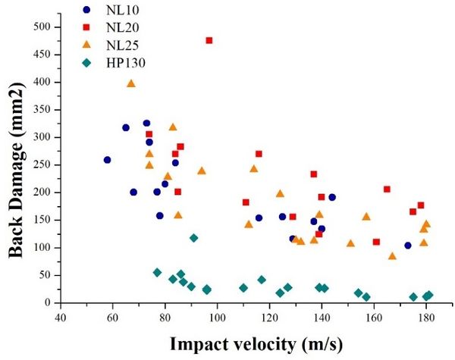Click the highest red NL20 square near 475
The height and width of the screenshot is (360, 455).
(x=209, y=40)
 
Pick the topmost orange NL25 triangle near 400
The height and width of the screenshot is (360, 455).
(x=130, y=83)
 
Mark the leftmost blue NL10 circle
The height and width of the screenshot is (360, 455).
(x=107, y=160)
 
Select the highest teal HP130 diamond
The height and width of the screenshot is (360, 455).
(x=193, y=238)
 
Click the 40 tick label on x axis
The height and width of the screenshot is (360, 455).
(x=61, y=317)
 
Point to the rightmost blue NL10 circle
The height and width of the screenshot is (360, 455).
(x=408, y=246)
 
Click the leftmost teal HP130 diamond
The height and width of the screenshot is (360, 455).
(x=157, y=272)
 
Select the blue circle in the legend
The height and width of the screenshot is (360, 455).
(x=86, y=11)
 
